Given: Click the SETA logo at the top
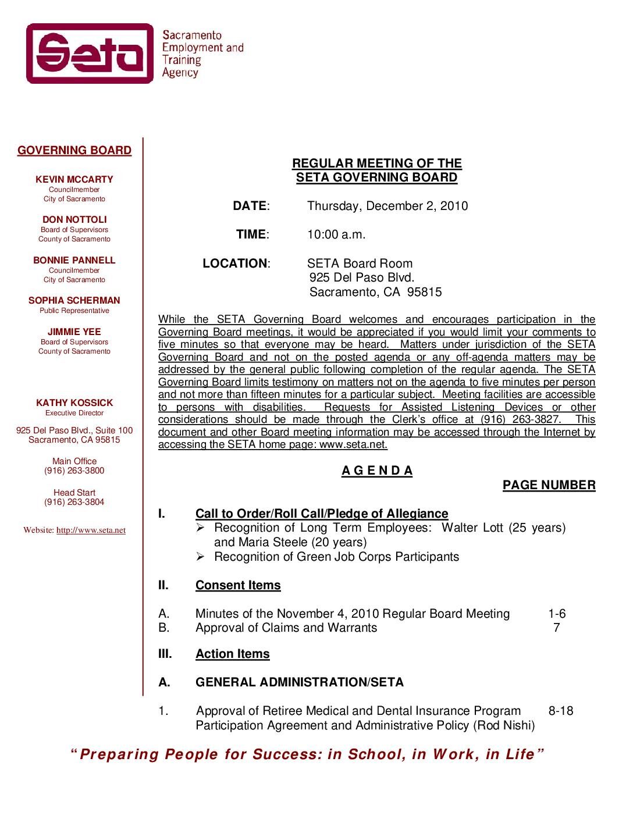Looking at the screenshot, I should click(90, 54).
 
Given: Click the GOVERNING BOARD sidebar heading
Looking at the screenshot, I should click(74, 151).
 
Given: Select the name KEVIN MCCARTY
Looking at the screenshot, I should click(74, 180).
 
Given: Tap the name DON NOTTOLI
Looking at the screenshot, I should click(74, 220).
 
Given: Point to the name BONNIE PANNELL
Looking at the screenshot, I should click(74, 261).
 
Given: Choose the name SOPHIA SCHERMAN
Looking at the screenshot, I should click(74, 301).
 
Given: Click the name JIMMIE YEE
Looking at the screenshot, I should click(74, 332).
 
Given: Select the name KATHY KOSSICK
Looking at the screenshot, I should click(74, 403).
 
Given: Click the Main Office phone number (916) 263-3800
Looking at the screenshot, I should click(74, 471).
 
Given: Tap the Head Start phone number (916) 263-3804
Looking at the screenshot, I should click(74, 502).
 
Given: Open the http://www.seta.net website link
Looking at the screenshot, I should click(91, 530).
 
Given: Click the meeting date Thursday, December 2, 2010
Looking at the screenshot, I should click(387, 206).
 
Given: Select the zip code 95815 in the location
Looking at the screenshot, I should click(425, 292).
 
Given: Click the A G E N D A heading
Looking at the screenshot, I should click(377, 471).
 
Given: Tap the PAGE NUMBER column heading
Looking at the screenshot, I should click(549, 485).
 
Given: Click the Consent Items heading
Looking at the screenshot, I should click(238, 585).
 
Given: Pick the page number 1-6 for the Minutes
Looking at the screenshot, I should click(557, 614).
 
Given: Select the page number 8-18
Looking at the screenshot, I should click(560, 711).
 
